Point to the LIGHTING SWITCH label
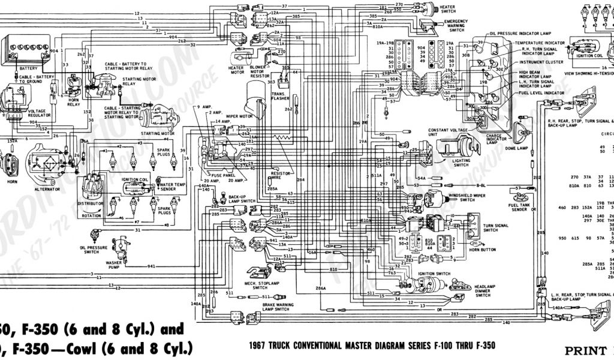[461, 163]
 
